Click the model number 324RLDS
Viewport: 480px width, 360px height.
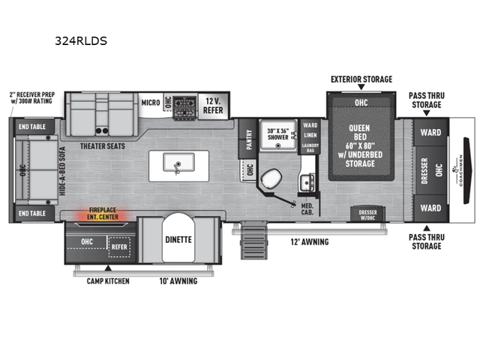click(x=80, y=41)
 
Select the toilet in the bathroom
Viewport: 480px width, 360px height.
click(x=270, y=180)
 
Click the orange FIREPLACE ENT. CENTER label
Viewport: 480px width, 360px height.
click(x=102, y=214)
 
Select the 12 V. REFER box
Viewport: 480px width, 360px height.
click(x=214, y=105)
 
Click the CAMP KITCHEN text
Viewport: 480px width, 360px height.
click(x=108, y=281)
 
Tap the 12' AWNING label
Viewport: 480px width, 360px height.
click(x=310, y=241)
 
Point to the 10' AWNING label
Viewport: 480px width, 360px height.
click(x=178, y=281)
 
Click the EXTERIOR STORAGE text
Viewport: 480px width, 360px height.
click(x=361, y=79)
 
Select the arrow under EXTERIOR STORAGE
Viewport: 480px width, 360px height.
click(x=361, y=88)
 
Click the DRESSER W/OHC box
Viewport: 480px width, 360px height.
click(x=367, y=214)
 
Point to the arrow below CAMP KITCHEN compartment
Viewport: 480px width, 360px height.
click(x=108, y=268)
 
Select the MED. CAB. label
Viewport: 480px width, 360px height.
click(x=307, y=209)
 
